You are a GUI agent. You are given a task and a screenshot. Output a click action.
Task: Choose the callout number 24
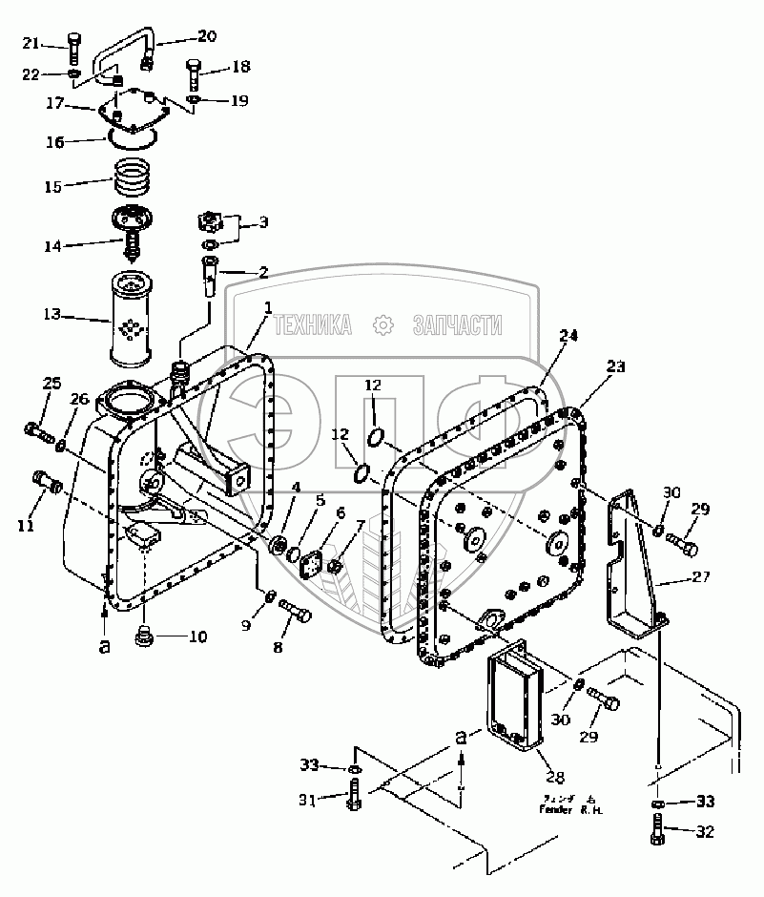point(569,336)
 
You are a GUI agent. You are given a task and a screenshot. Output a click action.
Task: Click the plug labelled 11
point(48,480)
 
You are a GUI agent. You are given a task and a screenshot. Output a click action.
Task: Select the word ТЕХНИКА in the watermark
point(313,325)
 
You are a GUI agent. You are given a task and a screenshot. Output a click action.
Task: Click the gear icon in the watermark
point(383,325)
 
